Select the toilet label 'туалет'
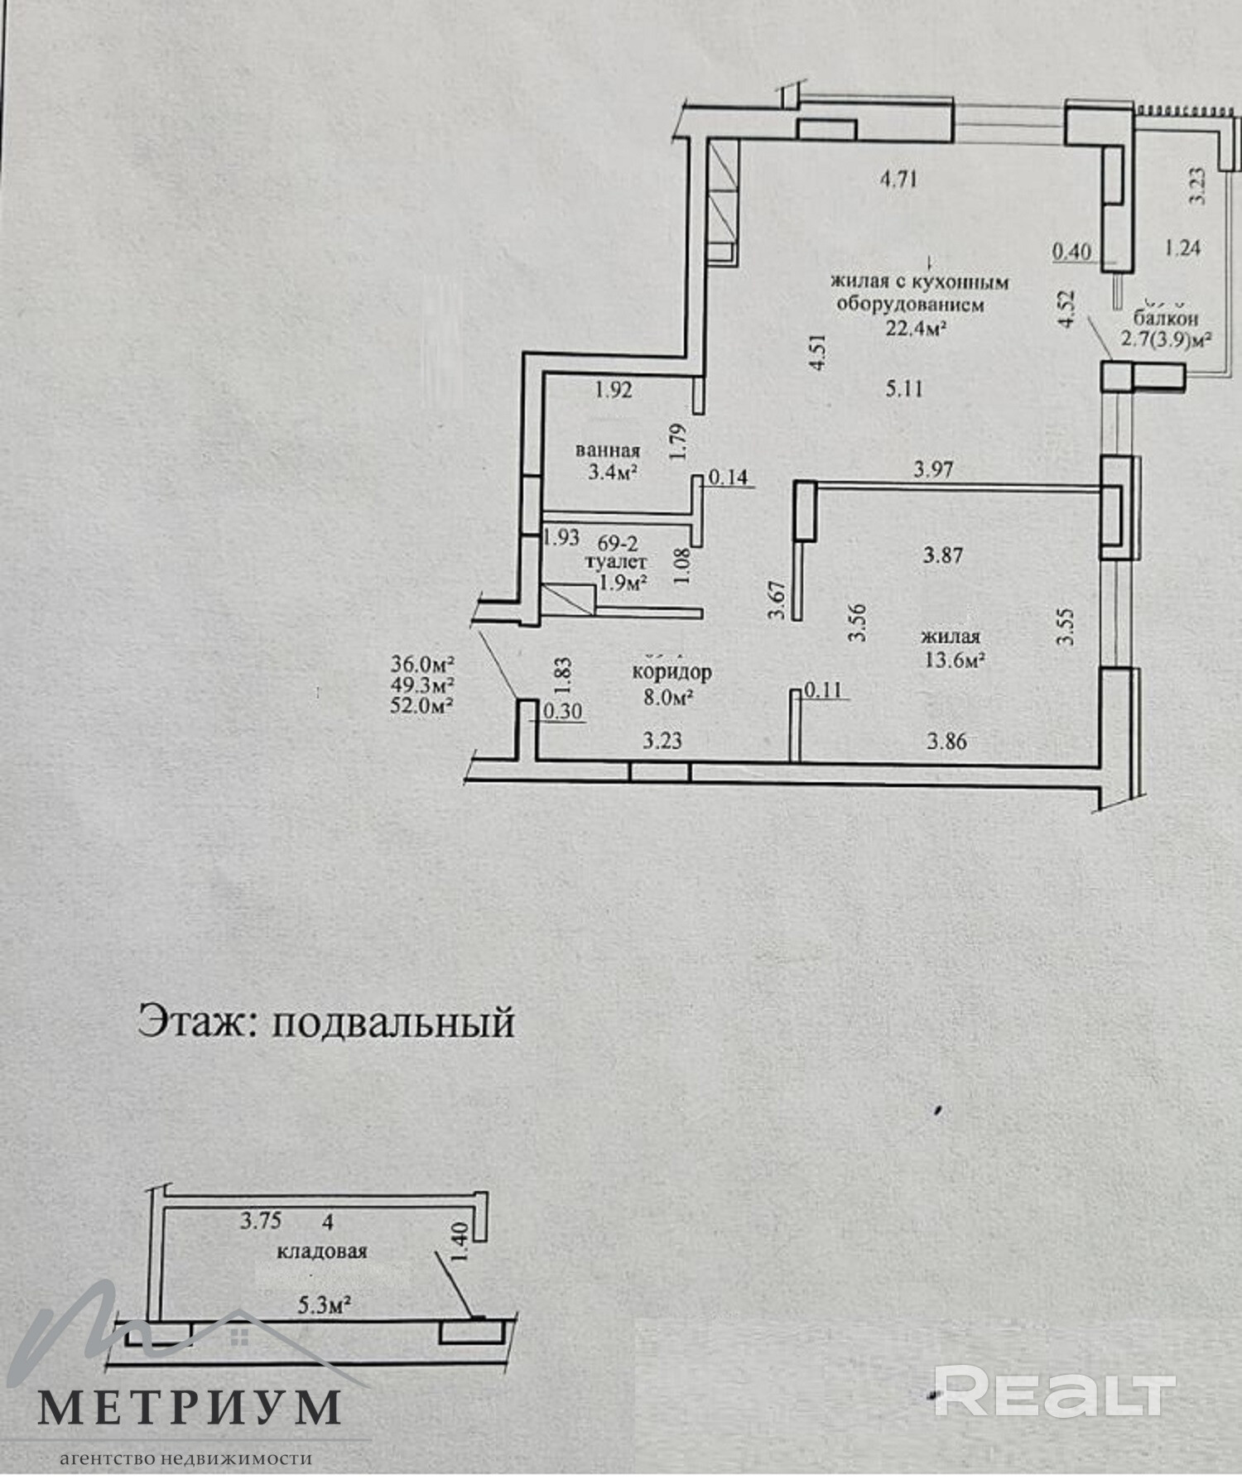[616, 562]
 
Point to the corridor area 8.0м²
[669, 697]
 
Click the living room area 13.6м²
[953, 660]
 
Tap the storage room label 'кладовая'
[321, 1251]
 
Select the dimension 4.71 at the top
[898, 179]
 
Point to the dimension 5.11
[903, 388]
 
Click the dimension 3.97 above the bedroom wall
[933, 470]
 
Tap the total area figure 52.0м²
[425, 705]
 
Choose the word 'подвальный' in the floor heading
[393, 1023]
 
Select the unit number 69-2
[618, 543]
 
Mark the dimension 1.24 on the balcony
[1182, 247]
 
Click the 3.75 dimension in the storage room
[261, 1220]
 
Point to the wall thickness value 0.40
[1071, 250]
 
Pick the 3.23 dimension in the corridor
[662, 740]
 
